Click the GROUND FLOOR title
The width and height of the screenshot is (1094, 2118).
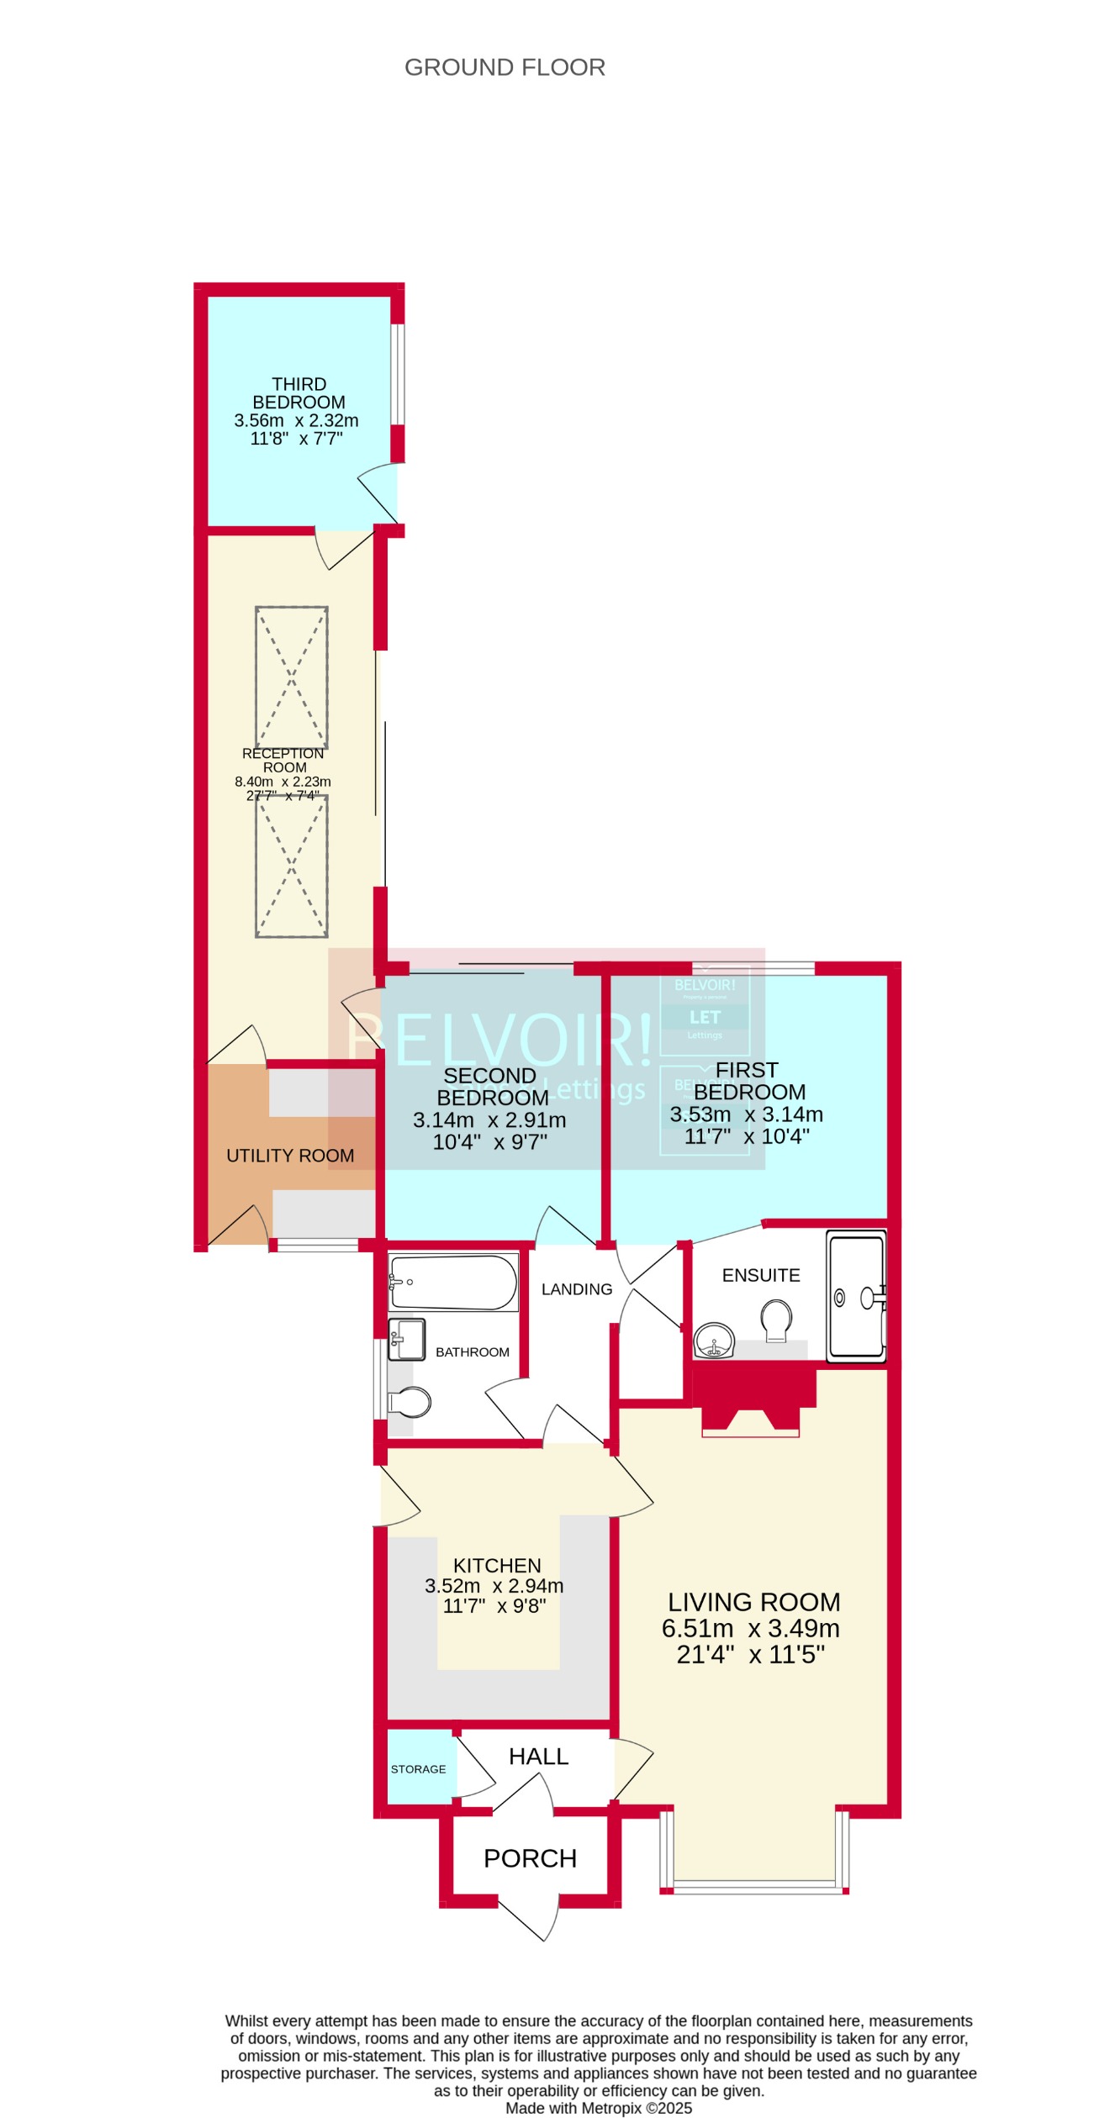[505, 67]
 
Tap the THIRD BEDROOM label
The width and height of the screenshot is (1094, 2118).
[299, 393]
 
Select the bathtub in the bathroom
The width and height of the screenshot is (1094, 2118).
[453, 1283]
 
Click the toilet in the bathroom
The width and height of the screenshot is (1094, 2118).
[410, 1402]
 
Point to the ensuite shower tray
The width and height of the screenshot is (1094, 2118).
[856, 1295]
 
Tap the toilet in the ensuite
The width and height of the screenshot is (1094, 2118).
[775, 1318]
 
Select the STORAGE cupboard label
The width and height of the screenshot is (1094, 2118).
[418, 1769]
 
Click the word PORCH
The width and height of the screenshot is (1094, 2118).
[530, 1858]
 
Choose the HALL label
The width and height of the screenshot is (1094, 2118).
[538, 1757]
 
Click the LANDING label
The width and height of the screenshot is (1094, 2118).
[577, 1289]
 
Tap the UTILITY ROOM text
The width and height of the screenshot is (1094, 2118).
[290, 1156]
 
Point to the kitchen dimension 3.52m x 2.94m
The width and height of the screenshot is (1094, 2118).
[494, 1586]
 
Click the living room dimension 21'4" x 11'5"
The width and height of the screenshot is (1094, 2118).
[750, 1655]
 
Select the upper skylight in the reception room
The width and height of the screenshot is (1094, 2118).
[292, 677]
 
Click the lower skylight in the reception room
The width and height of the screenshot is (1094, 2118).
[292, 867]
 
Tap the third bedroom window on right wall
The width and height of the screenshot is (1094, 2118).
[398, 374]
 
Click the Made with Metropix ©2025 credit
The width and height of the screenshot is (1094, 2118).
[599, 2108]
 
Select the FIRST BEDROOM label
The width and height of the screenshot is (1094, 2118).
[748, 1081]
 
